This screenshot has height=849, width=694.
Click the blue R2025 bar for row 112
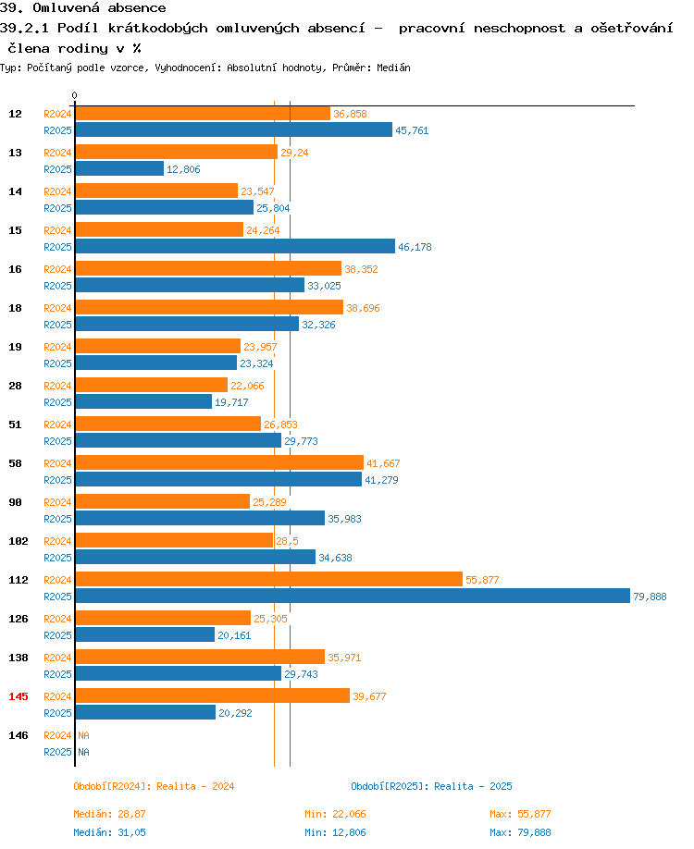(x=352, y=597)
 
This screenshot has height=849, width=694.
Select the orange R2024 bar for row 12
(x=202, y=113)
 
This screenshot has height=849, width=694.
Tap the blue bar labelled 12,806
(x=119, y=169)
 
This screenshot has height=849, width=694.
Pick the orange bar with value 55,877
(x=268, y=579)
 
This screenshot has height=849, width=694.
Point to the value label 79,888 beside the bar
(x=650, y=597)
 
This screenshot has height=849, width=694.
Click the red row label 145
(x=18, y=696)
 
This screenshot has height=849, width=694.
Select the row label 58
(x=15, y=463)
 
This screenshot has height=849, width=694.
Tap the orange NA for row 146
(x=83, y=735)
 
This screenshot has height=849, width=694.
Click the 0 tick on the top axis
(x=74, y=95)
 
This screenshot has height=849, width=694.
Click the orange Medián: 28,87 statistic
(x=109, y=814)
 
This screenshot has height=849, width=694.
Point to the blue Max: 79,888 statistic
(x=520, y=832)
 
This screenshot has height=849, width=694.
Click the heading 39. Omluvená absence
(x=83, y=8)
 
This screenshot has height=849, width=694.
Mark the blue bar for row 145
(x=145, y=713)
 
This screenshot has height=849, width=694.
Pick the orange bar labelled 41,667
(x=219, y=462)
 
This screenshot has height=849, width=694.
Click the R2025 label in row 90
(x=57, y=519)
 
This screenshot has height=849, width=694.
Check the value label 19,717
(x=232, y=402)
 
